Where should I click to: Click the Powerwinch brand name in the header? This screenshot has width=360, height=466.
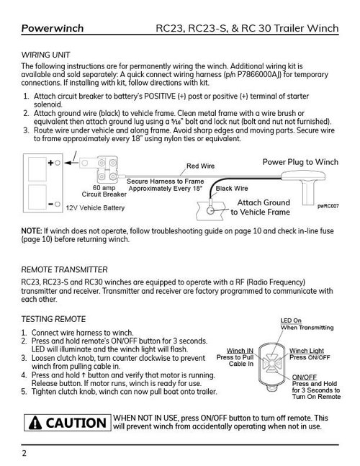coord(53,29)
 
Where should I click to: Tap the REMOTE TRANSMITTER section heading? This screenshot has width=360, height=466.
coord(65,269)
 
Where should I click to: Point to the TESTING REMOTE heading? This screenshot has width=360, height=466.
coord(54,318)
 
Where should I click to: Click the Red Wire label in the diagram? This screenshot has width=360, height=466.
coord(201,166)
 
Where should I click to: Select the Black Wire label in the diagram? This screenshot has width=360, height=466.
coord(233,189)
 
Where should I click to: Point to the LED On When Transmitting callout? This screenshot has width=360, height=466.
coord(307,323)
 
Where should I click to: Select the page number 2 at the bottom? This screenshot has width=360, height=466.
coord(24,453)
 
